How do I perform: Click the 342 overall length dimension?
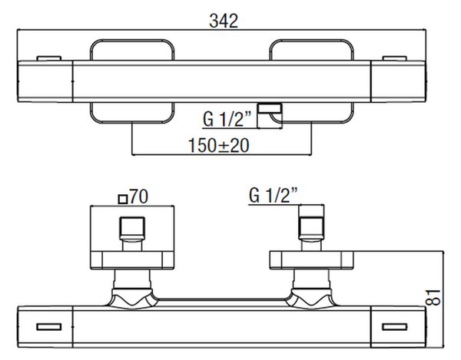coord(224,21)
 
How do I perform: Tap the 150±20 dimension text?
coord(218,145)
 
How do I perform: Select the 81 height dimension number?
coord(433,298)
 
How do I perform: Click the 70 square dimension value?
coord(139,197)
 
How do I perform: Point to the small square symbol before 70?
coord(123,200)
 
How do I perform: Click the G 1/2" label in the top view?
coord(227,119)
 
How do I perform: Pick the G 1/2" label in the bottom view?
coord(273,195)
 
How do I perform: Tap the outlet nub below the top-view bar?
coord(270,109)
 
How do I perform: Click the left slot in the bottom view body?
coord(49,327)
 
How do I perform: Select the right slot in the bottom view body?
coord(395,327)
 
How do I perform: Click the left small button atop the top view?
coord(49,58)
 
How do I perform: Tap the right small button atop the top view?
coord(395,58)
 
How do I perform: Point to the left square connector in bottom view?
coord(132,228)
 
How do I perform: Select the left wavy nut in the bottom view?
coord(132,299)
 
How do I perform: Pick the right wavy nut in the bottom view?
coord(311,299)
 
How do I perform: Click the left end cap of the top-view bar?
coord(45,81)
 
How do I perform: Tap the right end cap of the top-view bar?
coord(398,81)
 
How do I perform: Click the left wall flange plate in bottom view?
coord(132,260)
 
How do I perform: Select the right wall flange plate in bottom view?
coord(311,260)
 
